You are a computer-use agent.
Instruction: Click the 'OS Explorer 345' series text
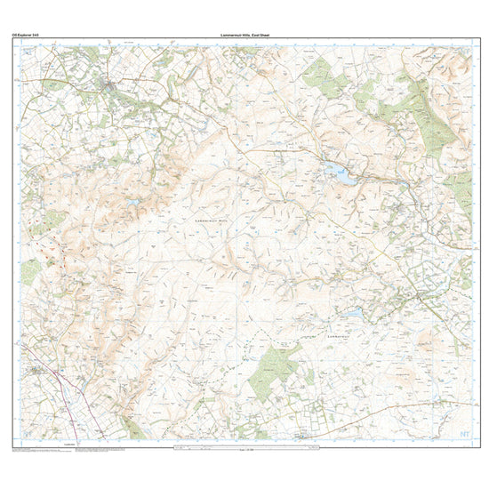click(x=26, y=34)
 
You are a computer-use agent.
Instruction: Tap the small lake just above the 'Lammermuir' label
click(x=354, y=313)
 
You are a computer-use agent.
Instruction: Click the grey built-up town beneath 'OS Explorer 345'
click(x=108, y=86)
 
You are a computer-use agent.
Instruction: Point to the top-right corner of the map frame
click(x=472, y=39)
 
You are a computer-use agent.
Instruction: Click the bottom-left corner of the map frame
click(x=16, y=444)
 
